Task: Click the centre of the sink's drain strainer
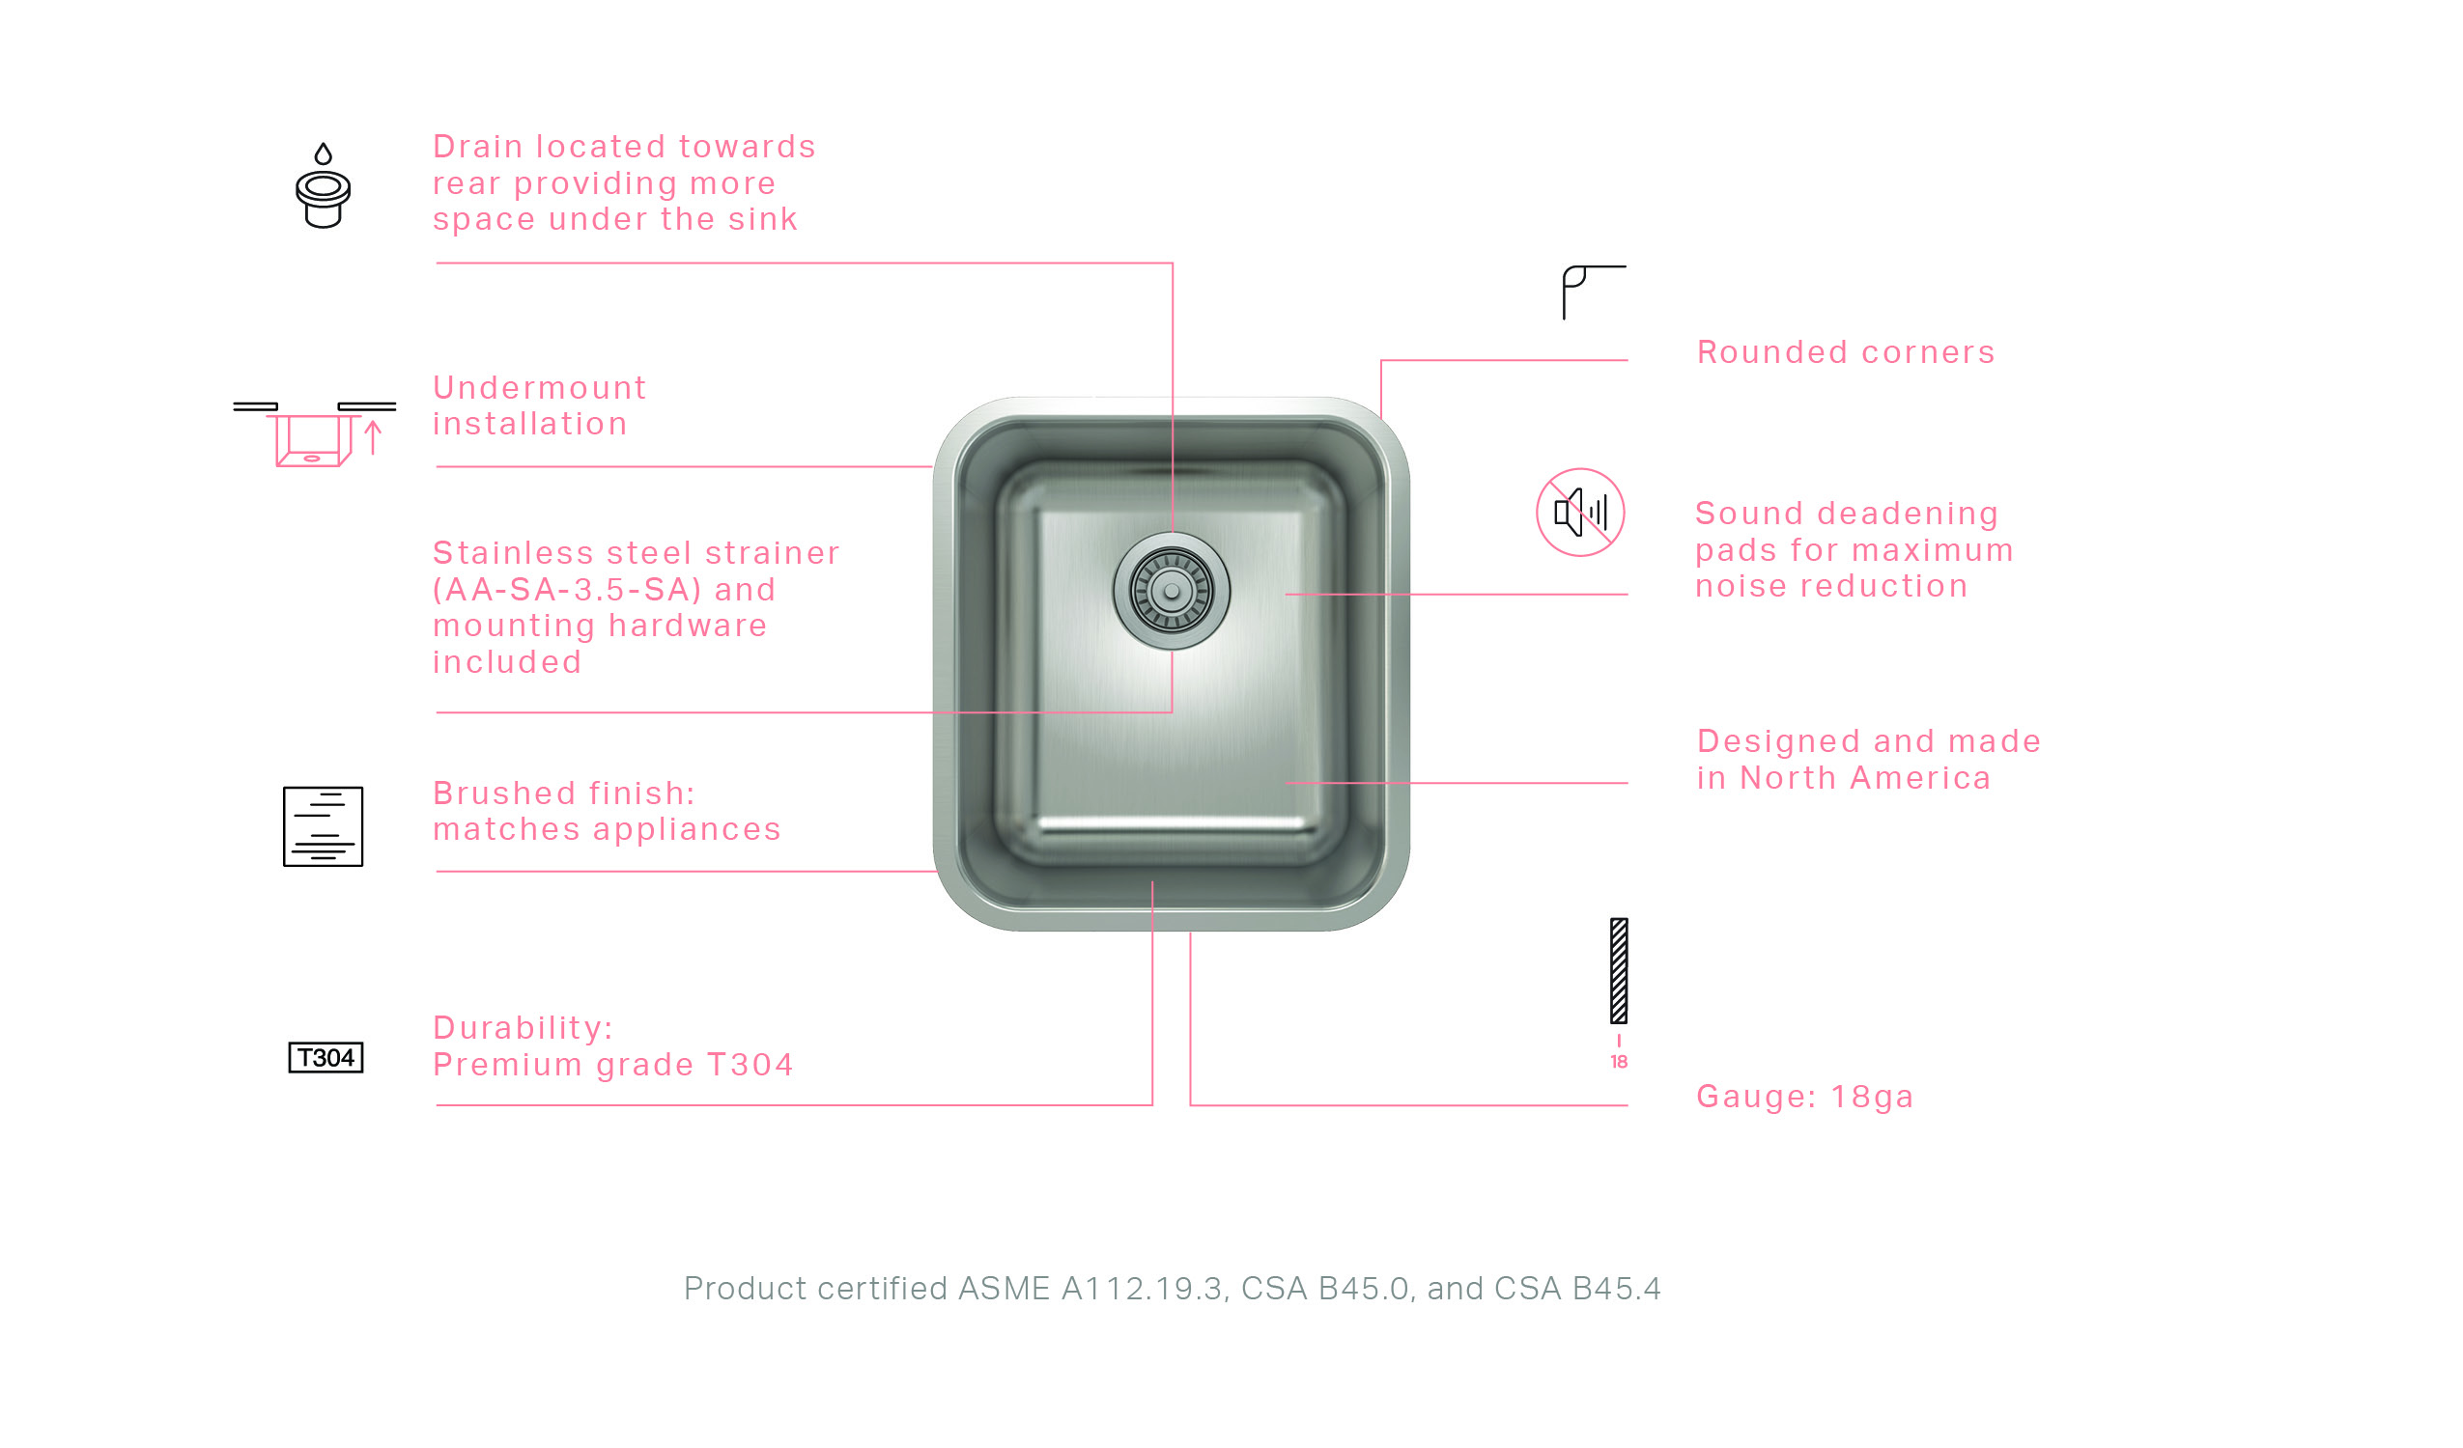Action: point(1171,591)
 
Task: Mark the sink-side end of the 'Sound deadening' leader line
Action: point(1287,594)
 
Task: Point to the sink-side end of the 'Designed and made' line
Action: point(1287,783)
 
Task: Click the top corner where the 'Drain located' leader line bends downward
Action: point(1172,263)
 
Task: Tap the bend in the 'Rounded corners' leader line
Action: point(1381,360)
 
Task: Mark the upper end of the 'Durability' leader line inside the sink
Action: point(1152,882)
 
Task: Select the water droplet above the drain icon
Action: point(324,153)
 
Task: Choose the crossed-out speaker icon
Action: point(1580,512)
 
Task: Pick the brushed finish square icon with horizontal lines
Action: point(324,826)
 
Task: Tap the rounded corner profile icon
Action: point(1594,292)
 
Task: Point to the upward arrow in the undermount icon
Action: point(374,437)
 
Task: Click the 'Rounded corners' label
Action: point(1846,352)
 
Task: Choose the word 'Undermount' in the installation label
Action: point(540,388)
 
